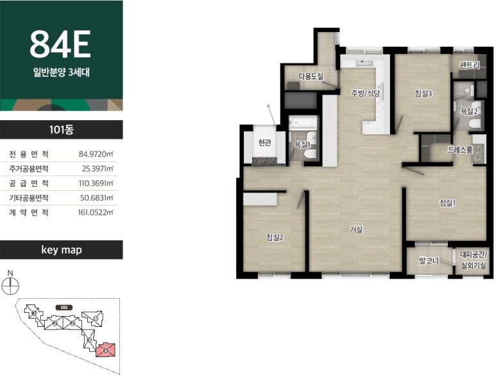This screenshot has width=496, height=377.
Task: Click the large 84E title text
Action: click(60, 44)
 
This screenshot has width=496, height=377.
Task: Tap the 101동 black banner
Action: click(62, 130)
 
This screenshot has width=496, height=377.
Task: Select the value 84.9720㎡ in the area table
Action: click(96, 154)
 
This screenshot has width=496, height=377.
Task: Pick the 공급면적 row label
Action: click(29, 183)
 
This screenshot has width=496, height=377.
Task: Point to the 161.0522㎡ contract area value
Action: click(96, 213)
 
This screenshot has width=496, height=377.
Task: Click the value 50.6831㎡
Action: click(96, 198)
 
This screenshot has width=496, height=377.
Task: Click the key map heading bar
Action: click(62, 250)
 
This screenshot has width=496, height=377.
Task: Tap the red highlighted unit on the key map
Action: click(106, 350)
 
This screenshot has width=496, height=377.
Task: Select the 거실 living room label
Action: click(356, 229)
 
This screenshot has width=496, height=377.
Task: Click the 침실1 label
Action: click(448, 202)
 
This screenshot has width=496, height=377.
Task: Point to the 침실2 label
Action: click(275, 237)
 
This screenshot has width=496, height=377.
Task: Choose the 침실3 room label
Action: click(423, 93)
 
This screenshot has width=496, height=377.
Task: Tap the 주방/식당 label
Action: click(365, 93)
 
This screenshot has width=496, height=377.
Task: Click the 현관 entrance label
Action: click(265, 143)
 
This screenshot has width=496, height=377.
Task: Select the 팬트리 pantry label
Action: click(470, 66)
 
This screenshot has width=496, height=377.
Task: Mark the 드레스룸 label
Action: click(460, 150)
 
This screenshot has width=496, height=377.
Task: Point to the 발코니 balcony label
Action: click(429, 261)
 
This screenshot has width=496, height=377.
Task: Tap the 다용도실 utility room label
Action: click(311, 76)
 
